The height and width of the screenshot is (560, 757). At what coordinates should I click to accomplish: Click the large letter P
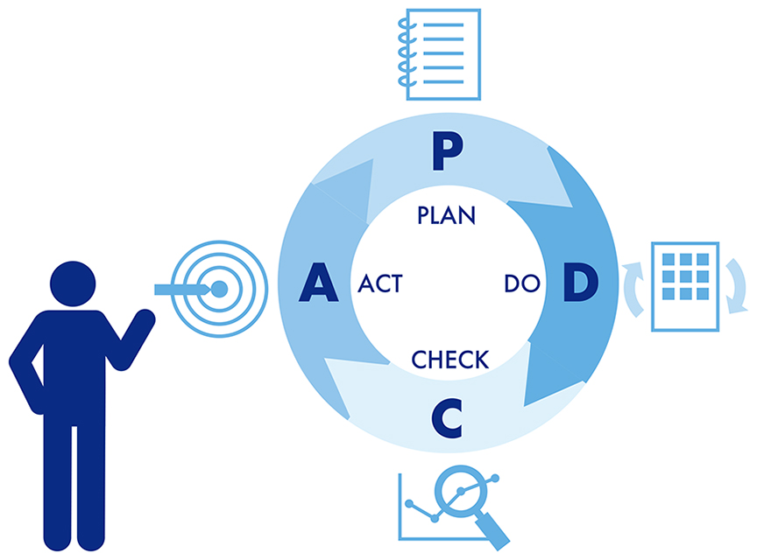pyautogui.click(x=447, y=153)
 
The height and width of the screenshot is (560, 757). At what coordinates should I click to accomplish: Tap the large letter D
pyautogui.click(x=579, y=283)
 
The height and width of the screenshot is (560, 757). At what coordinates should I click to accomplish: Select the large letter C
pyautogui.click(x=447, y=416)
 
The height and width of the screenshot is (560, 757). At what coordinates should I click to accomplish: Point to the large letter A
pyautogui.click(x=319, y=283)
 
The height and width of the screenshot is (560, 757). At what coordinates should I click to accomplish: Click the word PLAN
pyautogui.click(x=447, y=215)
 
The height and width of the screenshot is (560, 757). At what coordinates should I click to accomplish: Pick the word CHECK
pyautogui.click(x=450, y=359)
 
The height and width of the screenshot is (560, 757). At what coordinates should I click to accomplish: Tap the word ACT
pyautogui.click(x=380, y=284)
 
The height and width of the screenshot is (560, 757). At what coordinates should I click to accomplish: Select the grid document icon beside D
pyautogui.click(x=685, y=286)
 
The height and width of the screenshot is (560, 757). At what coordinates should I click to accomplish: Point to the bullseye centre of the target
pyautogui.click(x=219, y=287)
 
